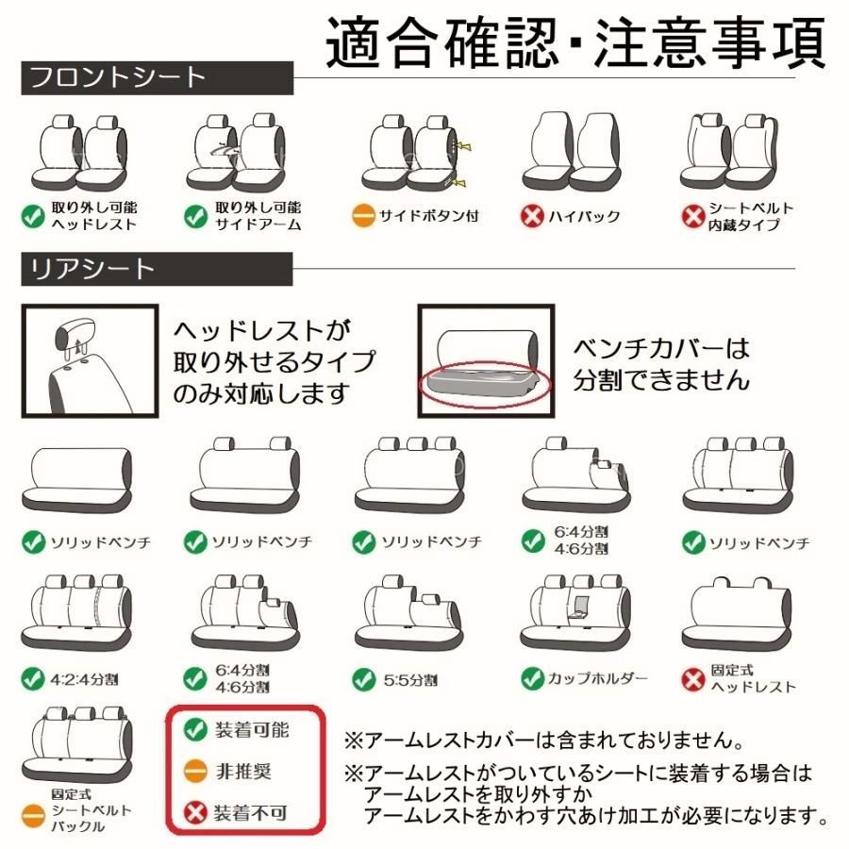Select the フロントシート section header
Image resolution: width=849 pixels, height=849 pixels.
[x=118, y=77]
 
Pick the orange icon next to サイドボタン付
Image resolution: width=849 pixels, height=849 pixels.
[x=363, y=216]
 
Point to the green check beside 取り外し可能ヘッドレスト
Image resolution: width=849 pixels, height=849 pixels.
[x=33, y=216]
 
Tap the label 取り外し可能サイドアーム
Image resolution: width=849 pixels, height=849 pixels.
[x=258, y=216]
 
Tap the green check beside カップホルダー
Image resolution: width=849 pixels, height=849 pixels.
[x=533, y=677]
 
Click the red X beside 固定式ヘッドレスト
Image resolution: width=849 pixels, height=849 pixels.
[x=693, y=678]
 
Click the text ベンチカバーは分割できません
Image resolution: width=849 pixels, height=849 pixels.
[x=661, y=364]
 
